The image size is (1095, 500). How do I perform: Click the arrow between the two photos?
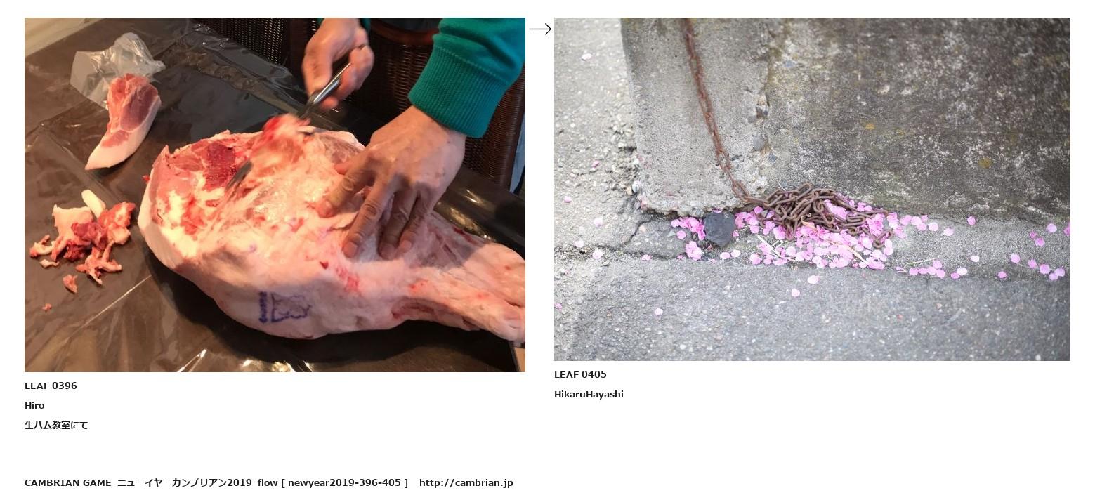coord(539,29)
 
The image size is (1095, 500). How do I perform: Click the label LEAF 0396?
coord(51,386)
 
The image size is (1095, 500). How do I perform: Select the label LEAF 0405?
coord(580,374)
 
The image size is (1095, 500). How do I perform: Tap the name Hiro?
coord(34,405)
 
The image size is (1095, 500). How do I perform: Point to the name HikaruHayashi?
coord(589,394)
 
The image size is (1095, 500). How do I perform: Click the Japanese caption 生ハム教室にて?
coord(56,426)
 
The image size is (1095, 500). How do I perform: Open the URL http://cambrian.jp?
coord(466,483)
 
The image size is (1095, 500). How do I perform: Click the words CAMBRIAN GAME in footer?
coord(68,483)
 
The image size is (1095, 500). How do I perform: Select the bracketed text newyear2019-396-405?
coord(344,483)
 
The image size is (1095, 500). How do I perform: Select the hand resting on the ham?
coord(391,184)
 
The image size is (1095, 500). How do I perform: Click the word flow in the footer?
coord(268,483)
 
